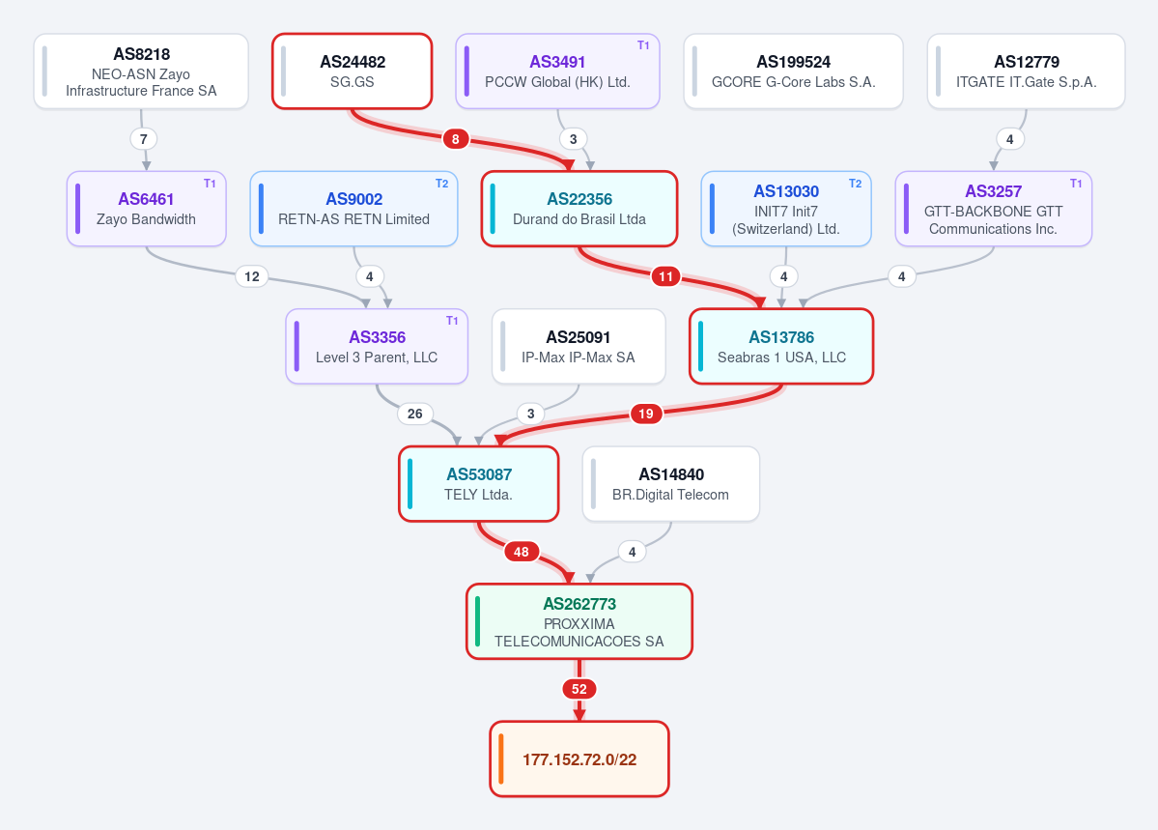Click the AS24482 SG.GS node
pyautogui.click(x=353, y=71)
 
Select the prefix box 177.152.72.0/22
pyautogui.click(x=579, y=759)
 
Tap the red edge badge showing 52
pyautogui.click(x=579, y=689)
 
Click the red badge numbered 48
pyautogui.click(x=522, y=552)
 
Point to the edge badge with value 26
pyautogui.click(x=415, y=414)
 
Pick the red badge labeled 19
pyautogui.click(x=646, y=414)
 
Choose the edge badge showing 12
pyautogui.click(x=252, y=276)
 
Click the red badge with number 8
pyautogui.click(x=456, y=139)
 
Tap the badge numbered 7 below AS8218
pyautogui.click(x=143, y=139)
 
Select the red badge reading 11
pyautogui.click(x=666, y=276)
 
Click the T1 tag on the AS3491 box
pyautogui.click(x=643, y=45)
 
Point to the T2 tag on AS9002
pyautogui.click(x=441, y=184)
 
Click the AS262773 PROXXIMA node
pyautogui.click(x=579, y=621)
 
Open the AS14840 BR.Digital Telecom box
pyautogui.click(x=671, y=484)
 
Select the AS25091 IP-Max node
pyautogui.click(x=579, y=347)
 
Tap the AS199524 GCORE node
pyautogui.click(x=793, y=71)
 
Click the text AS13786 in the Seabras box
pyautogui.click(x=781, y=337)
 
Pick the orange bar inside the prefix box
pyautogui.click(x=500, y=759)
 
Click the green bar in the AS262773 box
pyautogui.click(x=477, y=621)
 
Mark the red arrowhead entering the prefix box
pyautogui.click(x=579, y=715)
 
